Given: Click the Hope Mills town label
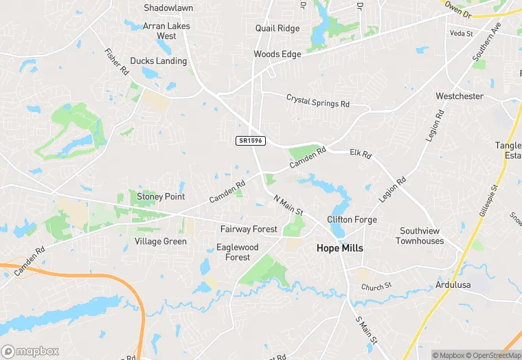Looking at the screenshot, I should click(339, 248).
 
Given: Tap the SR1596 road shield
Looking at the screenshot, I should click(250, 140).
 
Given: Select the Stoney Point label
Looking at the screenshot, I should click(161, 196).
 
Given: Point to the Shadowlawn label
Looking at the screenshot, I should click(168, 8).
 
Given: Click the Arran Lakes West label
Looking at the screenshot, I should click(166, 31).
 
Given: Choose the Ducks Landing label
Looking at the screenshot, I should click(158, 61).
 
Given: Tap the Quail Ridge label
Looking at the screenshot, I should click(277, 29).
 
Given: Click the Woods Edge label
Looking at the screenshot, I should click(277, 54).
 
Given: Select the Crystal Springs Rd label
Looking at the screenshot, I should click(318, 100).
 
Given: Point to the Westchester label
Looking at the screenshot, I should click(459, 96).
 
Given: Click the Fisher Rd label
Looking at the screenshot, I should click(117, 62).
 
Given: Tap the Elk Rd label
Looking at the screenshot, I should click(361, 154).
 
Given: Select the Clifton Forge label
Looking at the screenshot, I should click(352, 220).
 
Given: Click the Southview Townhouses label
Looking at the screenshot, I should click(420, 236).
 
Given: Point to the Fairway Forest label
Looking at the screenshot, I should click(249, 229).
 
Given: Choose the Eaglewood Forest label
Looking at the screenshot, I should click(237, 251).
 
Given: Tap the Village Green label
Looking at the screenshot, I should click(161, 241).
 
